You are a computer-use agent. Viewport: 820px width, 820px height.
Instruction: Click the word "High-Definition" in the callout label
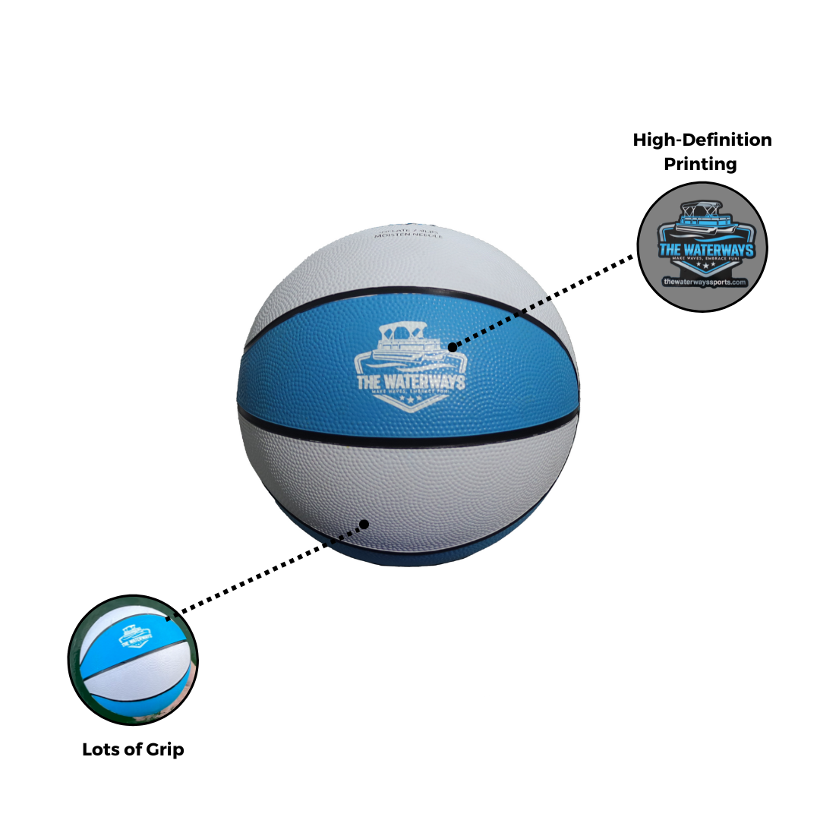click(702, 140)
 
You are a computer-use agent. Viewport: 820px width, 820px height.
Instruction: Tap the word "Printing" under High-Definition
click(700, 164)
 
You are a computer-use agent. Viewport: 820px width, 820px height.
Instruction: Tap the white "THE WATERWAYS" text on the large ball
click(409, 382)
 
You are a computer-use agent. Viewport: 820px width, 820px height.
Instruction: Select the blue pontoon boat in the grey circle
click(703, 220)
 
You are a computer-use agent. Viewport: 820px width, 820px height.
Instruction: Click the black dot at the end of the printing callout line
click(453, 348)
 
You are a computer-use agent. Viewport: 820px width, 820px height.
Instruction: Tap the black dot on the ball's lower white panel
click(364, 524)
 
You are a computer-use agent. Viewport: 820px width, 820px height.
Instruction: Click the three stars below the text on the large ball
click(409, 399)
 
